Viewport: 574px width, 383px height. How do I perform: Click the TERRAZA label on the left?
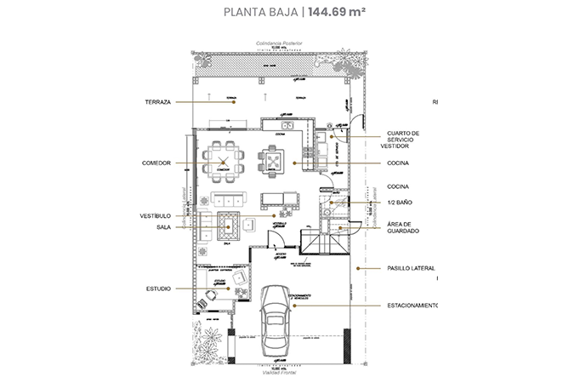point(159,101)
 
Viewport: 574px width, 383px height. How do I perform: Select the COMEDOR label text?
point(158,163)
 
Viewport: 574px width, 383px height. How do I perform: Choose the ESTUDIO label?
point(159,289)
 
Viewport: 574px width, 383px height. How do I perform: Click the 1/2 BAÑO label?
point(399,202)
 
